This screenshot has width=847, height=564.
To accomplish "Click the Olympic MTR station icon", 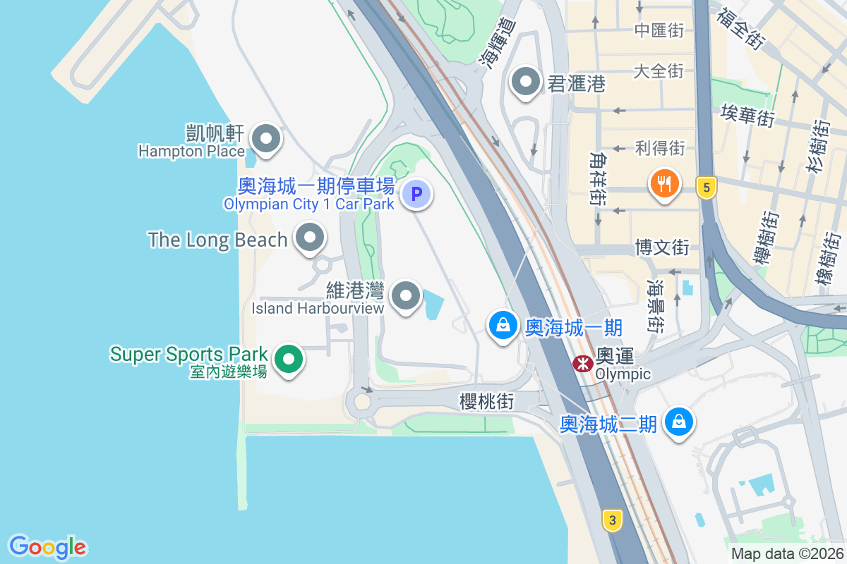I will click(582, 364).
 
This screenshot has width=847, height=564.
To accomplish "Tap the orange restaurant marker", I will click(663, 184).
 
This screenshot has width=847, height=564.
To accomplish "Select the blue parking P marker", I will click(416, 194).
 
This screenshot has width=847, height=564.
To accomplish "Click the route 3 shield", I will click(613, 520).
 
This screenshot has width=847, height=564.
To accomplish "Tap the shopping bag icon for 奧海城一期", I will click(503, 326).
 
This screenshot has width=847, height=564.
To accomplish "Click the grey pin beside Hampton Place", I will click(266, 138).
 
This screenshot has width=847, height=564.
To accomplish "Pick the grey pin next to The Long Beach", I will click(309, 238).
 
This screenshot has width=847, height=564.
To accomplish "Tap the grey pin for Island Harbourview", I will click(406, 297).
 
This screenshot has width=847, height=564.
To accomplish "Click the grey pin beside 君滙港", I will click(525, 82).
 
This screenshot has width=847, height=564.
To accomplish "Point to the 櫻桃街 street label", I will click(486, 401).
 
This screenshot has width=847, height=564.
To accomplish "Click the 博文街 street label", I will click(661, 247).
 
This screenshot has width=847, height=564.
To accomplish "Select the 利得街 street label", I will click(659, 148).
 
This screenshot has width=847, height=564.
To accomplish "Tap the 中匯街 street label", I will click(659, 30).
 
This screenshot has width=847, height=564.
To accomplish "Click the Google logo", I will click(47, 546).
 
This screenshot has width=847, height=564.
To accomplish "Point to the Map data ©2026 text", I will click(786, 553).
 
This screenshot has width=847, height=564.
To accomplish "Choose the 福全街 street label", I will click(740, 27).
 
